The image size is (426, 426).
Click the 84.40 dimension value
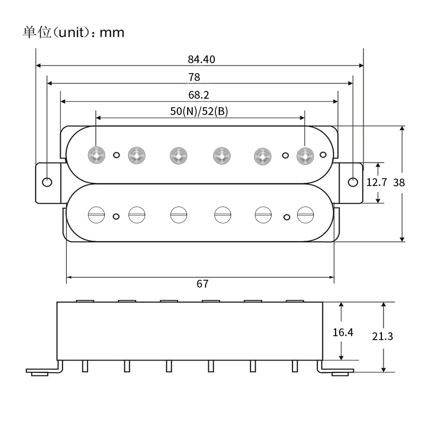coord(201,59)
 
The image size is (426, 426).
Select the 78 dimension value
coord(194,77)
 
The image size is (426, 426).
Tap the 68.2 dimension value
coord(198,95)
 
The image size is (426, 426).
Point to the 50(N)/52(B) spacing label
coord(199,111)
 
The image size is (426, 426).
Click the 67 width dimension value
coord(202,284)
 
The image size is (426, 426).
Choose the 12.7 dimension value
coord(376,182)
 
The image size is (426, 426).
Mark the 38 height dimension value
coord(399,182)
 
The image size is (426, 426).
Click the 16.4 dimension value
coord(343,332)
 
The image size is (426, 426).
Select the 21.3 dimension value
coord(382,336)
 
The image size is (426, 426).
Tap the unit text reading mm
coord(112,33)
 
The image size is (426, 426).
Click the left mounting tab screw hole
coord(47,182)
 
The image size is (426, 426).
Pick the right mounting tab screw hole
coord(353,182)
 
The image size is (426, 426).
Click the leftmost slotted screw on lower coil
coord(96,215)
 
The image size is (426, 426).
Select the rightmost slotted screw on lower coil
coord(305,215)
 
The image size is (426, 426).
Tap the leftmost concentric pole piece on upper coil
coord(96,155)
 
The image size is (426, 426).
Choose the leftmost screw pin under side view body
coord(85,366)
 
